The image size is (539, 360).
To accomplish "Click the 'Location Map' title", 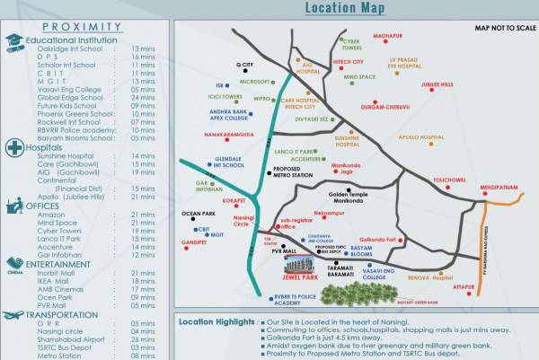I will [x=346, y=9].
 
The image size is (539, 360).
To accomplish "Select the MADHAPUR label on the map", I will [x=387, y=35].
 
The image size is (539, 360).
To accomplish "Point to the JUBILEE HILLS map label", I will [x=437, y=84].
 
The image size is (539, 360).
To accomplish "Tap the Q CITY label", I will [x=244, y=65].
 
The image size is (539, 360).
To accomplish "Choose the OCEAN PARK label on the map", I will [x=198, y=214].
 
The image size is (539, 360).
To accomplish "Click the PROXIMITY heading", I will [x=82, y=27].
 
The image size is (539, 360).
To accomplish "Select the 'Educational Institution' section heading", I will [x=71, y=40].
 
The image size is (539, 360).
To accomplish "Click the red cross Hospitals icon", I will [x=14, y=147].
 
